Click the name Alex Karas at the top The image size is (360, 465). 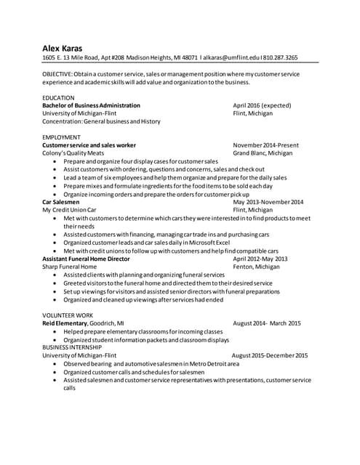pos(62,49)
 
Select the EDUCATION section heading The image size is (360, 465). pos(58,97)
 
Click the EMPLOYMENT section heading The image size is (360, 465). pos(61,137)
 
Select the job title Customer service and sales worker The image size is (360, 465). pos(89,145)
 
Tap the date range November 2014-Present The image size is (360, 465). pos(265,145)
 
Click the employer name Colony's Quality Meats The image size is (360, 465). pos(73,153)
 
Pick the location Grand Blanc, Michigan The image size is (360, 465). pos(263,153)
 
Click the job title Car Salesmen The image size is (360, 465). pos(62,202)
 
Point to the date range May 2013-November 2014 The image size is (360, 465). pos(268,202)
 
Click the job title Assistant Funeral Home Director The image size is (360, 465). pos(86,259)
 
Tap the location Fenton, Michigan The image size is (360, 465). pos(259,267)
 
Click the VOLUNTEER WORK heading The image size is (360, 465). pos(68,315)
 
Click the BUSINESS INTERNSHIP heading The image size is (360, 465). pos(73,347)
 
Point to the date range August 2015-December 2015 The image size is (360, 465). pos(269,355)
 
